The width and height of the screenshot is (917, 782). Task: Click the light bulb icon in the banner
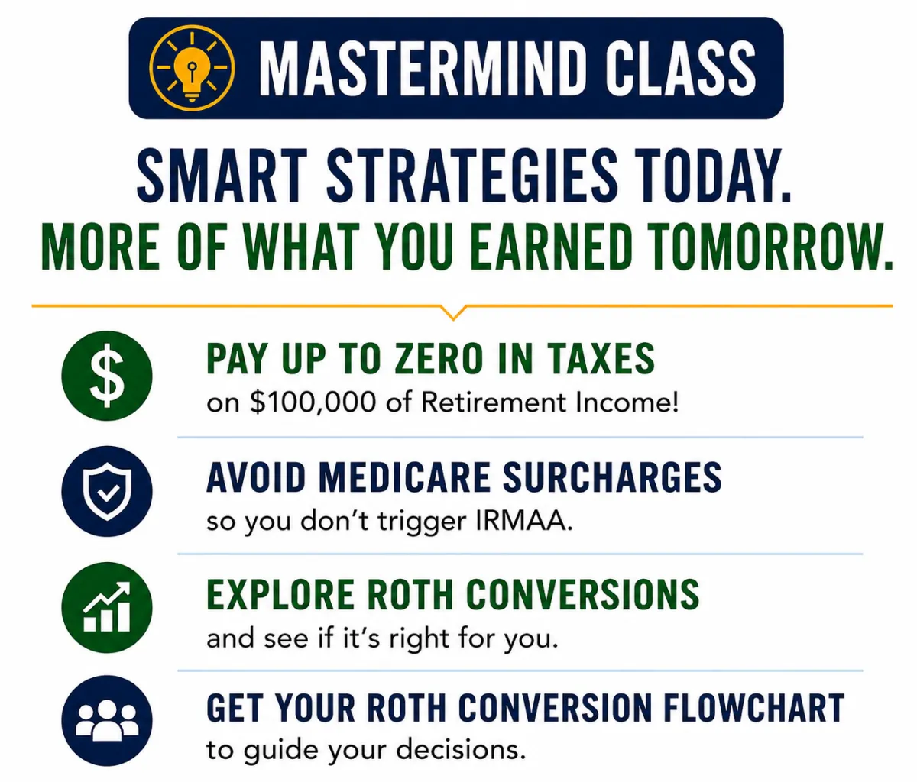pos(192,68)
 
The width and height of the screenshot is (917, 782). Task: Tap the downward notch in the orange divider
pos(453,312)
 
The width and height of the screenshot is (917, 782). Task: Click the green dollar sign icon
pos(107,376)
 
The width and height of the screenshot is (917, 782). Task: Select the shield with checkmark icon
pos(107,491)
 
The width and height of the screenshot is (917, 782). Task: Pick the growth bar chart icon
pos(107,607)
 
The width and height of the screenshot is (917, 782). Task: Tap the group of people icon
pos(107,721)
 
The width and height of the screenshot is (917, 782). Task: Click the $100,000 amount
pos(313,403)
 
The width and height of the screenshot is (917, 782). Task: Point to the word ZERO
pos(439,359)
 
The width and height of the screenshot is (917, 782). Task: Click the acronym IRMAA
pos(523,522)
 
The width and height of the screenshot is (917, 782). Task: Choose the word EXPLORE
pos(280,595)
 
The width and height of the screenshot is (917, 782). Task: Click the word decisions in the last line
pos(461,750)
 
